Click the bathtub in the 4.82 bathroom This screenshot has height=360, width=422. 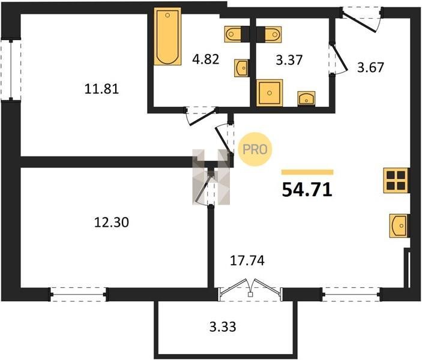pos(167,37)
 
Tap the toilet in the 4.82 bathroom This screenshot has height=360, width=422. pos(233,34)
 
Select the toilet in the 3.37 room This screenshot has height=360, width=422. pos(273,34)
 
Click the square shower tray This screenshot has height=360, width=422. pos(270,93)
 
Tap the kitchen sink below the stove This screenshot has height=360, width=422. pos(399,226)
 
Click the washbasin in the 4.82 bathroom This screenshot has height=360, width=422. pos(241,68)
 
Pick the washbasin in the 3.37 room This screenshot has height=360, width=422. pos(307,99)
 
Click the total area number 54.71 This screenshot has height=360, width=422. pos(307,190)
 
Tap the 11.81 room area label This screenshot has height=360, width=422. pos(101,89)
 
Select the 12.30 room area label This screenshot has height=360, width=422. pos(112,222)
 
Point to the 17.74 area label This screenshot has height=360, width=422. pos(247,260)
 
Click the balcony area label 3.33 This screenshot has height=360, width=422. pos(223,327)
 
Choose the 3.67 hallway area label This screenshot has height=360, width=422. pos(370,67)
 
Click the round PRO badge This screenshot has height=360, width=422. pos(255,149)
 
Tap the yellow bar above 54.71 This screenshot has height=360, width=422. pos(307,172)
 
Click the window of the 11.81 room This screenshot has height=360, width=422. pos(11,70)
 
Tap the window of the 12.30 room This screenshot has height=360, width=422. pos(78,295)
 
